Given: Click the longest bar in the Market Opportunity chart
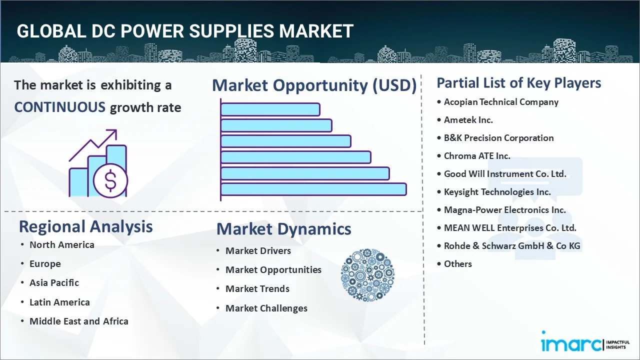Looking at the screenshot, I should coord(313,189).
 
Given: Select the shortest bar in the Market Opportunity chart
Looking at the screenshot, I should coord(270,109).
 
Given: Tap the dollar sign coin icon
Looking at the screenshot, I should coord(110,181).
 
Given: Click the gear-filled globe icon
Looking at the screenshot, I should coord(367,275).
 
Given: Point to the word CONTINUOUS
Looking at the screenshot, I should coord(59,107).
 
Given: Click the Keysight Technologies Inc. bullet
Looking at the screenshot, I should coord(497,192).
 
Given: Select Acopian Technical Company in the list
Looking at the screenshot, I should coord(501,102).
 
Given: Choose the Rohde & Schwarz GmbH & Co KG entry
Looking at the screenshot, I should coord(512,246).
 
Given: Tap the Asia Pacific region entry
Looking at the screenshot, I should coord(54,283).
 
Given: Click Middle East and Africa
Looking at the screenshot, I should coord(78,321).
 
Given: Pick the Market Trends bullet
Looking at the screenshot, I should coord(257,289).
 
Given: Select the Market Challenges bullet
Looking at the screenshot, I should coord(266,308).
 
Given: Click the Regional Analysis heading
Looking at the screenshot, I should coord(85,226).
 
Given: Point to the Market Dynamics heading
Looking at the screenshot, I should coord(283,229).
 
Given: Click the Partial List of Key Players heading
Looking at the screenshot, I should coord(518,83).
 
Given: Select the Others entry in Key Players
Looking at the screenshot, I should coord(457,264).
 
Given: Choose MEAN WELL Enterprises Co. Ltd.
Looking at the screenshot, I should coord(510,228).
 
